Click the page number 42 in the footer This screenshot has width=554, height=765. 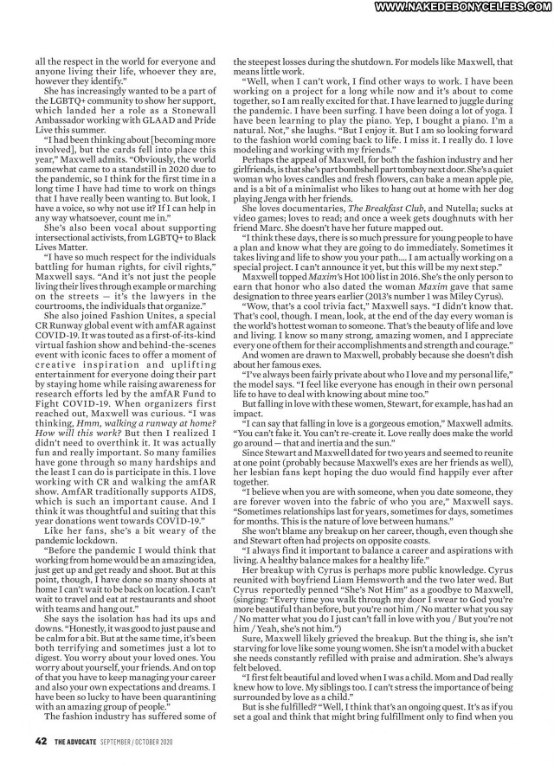(41, 740)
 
